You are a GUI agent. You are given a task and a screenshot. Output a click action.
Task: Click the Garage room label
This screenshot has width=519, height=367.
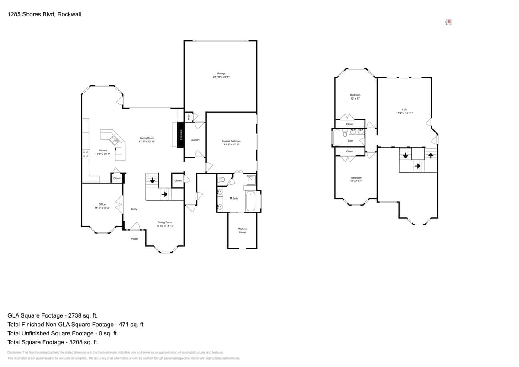tap(221, 74)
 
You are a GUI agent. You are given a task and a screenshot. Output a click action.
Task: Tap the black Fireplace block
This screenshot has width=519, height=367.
tap(181, 135)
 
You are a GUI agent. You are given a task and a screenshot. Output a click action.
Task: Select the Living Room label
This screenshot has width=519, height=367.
tap(147, 138)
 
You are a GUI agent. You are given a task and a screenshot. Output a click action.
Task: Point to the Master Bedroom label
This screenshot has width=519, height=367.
tap(231, 141)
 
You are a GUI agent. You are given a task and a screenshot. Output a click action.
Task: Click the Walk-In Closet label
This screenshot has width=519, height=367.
tap(242, 230)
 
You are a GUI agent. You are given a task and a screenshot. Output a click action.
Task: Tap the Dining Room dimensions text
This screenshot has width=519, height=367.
tap(165, 226)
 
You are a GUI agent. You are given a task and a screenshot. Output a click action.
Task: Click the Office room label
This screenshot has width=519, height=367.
tap(102, 204)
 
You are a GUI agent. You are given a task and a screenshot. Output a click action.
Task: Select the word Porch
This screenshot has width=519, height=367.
tap(135, 239)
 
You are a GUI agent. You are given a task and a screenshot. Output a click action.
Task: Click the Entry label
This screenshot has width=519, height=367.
tap(135, 209)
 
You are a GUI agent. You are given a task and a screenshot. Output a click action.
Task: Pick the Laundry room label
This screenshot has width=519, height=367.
tap(195, 140)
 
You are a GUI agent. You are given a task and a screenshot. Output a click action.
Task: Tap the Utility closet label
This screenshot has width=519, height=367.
tap(189, 117)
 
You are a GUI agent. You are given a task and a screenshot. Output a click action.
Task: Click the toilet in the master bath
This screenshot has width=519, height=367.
tap(221, 180)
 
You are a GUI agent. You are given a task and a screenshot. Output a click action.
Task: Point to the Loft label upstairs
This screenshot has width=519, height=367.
tap(404, 109)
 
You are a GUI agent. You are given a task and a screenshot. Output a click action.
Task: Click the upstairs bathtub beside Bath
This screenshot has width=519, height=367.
tap(337, 138)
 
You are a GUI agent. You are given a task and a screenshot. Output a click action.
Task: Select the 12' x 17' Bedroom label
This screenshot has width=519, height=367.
tap(355, 95)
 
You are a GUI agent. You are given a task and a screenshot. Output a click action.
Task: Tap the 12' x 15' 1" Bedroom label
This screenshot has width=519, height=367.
tap(356, 178)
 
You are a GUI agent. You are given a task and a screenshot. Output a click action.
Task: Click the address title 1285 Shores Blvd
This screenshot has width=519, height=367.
tap(45, 14)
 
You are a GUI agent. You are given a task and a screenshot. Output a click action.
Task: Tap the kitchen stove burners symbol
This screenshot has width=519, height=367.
tap(86, 154)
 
